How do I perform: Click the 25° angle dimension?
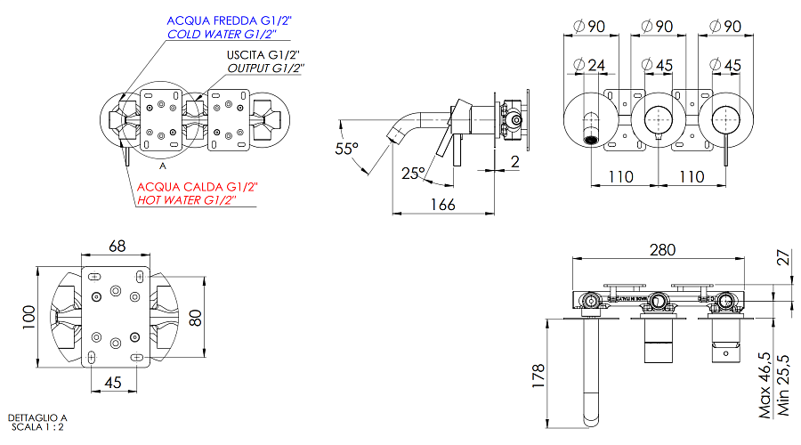pyautogui.click(x=412, y=173)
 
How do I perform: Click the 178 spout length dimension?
pyautogui.click(x=536, y=376)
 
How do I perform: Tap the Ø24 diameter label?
pyautogui.click(x=589, y=65)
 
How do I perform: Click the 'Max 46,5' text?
pyautogui.click(x=765, y=384)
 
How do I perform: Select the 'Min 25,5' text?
pyautogui.click(x=784, y=384)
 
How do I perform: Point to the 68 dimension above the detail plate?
pyautogui.click(x=117, y=245)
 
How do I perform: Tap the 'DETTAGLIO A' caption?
pyautogui.click(x=37, y=417)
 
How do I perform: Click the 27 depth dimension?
pyautogui.click(x=783, y=258)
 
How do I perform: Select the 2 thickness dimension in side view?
pyautogui.click(x=514, y=161)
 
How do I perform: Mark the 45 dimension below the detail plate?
pyautogui.click(x=115, y=383)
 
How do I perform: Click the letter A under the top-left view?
pyautogui.click(x=163, y=166)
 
